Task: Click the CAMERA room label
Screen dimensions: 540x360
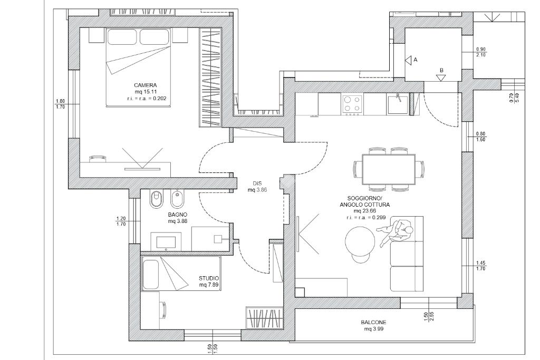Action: [146, 85]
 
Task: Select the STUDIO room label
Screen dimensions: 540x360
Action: [209, 278]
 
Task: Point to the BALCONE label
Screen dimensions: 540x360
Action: [374, 323]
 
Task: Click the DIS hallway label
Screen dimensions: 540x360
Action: [257, 183]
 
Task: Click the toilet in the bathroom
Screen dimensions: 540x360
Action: [157, 199]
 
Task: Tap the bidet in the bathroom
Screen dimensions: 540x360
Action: [178, 199]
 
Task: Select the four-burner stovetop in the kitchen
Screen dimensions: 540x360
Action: [352, 104]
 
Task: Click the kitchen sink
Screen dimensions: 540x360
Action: [398, 104]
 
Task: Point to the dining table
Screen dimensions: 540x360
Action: [389, 169]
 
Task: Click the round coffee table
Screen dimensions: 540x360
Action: [360, 241]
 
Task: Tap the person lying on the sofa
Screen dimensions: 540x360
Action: [396, 232]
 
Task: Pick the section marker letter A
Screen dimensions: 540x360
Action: [416, 60]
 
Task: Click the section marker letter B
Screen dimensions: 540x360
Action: [441, 70]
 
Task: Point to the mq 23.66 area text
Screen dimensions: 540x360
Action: [365, 211]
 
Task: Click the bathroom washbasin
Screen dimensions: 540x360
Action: [166, 240]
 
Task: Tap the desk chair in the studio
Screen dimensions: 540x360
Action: [164, 310]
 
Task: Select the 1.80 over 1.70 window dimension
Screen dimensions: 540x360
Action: [60, 104]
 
